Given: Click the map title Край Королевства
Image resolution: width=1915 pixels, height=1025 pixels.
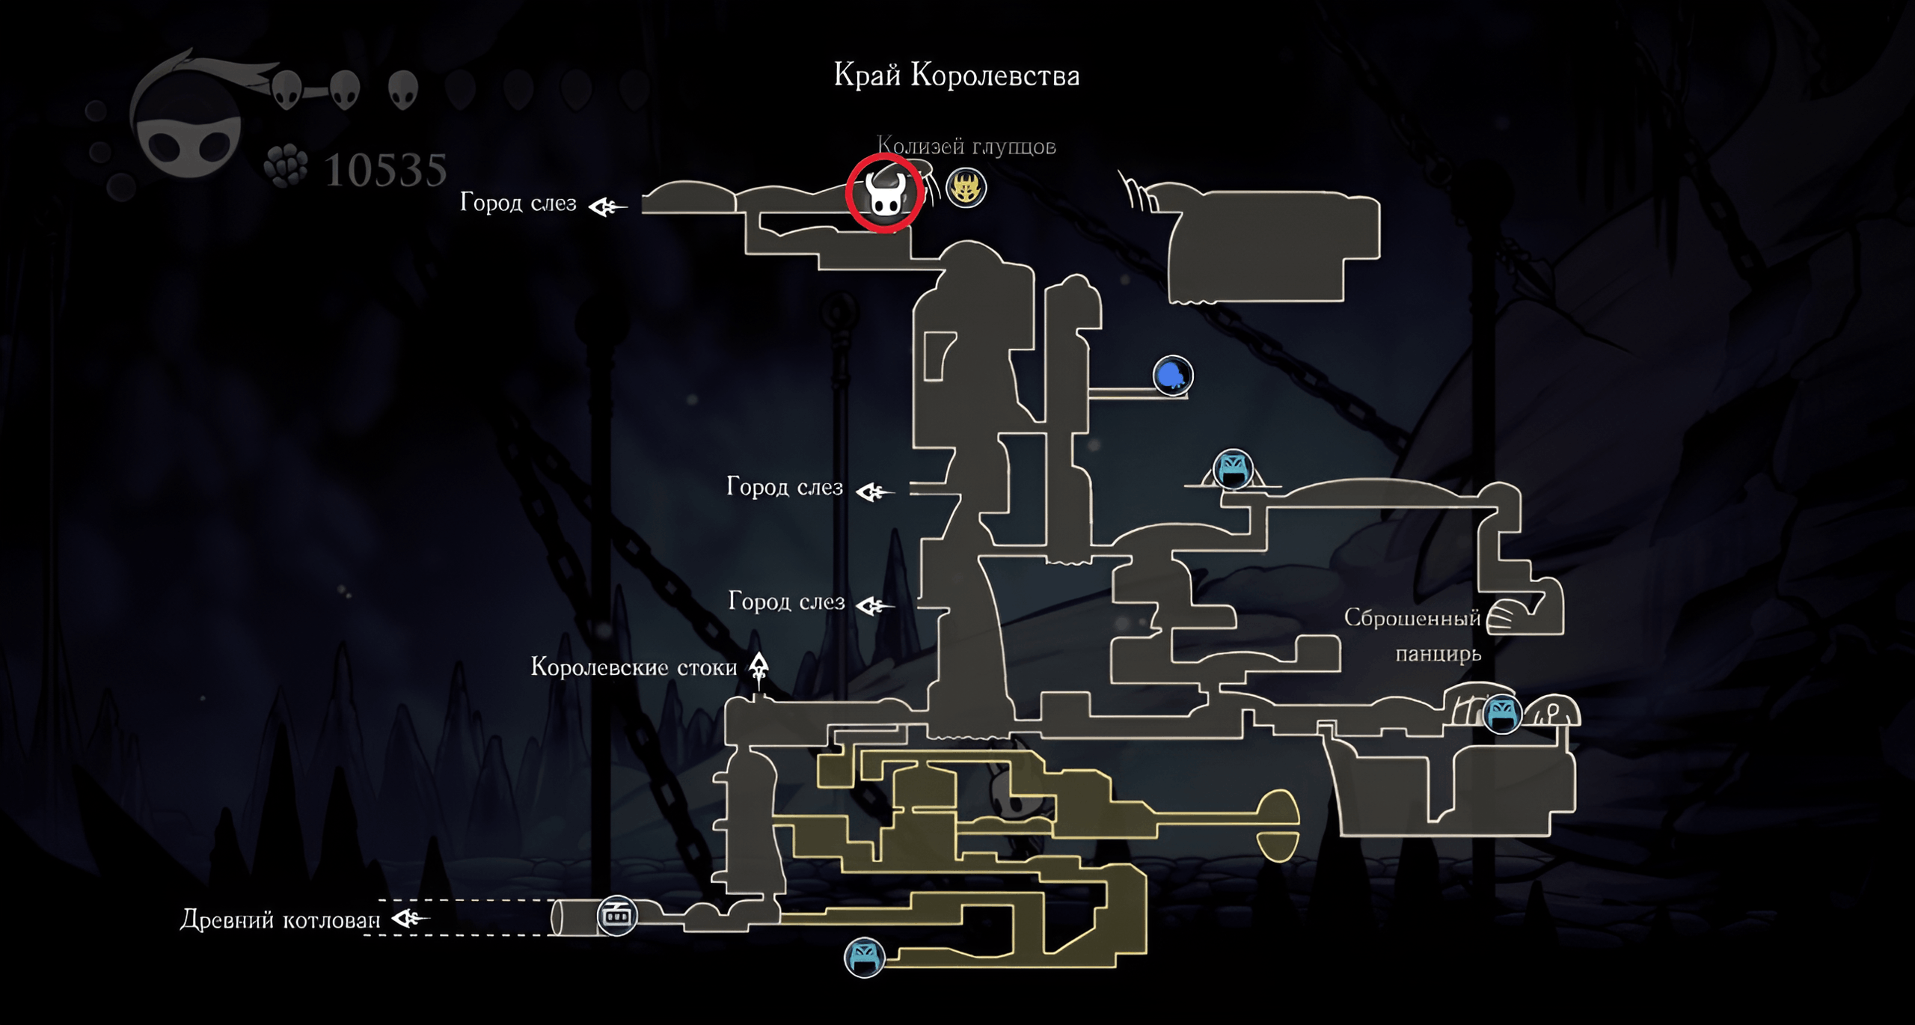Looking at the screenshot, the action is point(957,76).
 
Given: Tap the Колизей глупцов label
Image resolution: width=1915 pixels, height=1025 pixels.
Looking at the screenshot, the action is point(966,146).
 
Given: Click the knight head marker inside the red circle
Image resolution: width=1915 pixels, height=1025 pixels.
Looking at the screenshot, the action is point(885,194).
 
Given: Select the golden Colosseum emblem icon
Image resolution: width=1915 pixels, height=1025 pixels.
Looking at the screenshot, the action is point(966,187).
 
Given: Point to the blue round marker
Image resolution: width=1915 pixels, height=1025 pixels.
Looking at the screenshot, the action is point(1172,375).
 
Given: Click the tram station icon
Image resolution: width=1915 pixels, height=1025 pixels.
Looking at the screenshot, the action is point(617,914).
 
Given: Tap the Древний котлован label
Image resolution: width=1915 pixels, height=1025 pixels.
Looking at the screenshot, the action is point(281,920).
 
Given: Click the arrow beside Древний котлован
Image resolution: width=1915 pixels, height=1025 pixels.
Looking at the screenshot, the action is point(410,918).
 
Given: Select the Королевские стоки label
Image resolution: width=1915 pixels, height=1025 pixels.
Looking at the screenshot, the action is point(634,667).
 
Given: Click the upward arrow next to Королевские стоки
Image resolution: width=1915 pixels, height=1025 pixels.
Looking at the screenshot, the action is point(759,669).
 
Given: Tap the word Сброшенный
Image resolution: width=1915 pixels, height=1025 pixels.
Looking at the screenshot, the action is point(1412,618).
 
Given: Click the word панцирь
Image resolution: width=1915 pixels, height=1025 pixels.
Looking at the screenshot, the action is point(1438,654).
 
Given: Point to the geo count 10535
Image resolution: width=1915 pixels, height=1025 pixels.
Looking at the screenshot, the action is point(386,170).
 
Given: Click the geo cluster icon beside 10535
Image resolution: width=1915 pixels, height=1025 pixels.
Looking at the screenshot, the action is point(286,165).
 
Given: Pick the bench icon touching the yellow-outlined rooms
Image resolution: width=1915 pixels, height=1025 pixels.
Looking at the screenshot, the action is point(864,957).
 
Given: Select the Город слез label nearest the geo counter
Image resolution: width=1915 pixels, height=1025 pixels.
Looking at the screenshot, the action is point(518,203).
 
